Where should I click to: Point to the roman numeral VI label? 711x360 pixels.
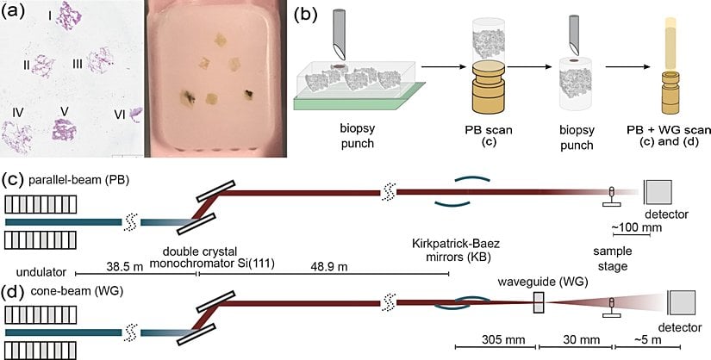pos(120,113)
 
